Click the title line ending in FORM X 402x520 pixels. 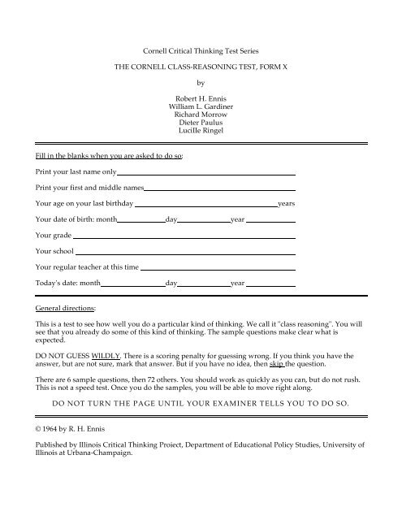tap(201, 63)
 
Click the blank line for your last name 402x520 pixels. tap(206, 174)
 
